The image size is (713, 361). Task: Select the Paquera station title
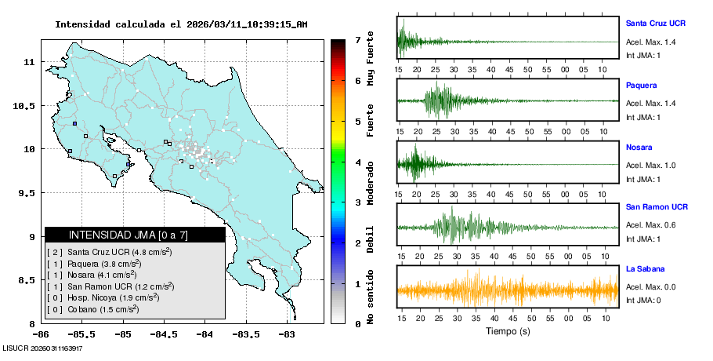641,85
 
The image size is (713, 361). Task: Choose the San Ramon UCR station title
657,207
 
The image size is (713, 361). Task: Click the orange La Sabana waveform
508,290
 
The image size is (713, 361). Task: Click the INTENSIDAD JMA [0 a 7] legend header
135,235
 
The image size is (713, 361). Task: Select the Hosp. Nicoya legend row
108,297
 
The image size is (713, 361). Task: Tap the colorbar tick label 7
356,39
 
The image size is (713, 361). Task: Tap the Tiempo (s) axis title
509,330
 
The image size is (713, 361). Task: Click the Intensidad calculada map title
181,24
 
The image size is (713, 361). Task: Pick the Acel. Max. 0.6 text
650,226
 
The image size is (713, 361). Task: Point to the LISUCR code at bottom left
42,348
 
